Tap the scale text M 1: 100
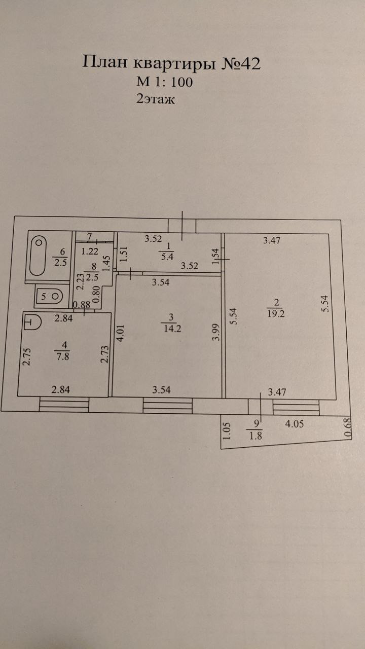coord(164,82)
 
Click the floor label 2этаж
coord(155,99)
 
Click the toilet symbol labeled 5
coord(50,296)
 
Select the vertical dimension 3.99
coord(215,333)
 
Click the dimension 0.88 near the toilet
coord(82,304)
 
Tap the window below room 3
coord(168,405)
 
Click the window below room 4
coord(64,404)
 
